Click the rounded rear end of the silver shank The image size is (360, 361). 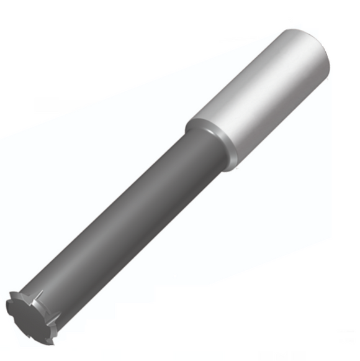[x=310, y=50]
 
